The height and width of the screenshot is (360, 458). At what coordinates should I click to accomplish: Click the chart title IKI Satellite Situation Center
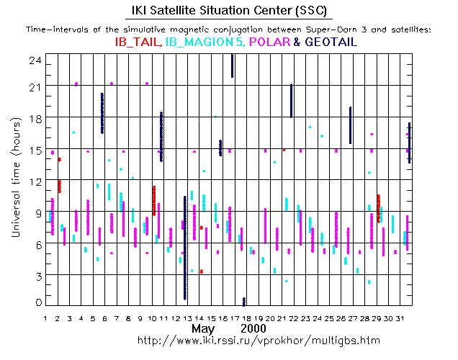point(228,10)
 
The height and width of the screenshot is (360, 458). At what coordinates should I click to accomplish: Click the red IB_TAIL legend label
point(138,42)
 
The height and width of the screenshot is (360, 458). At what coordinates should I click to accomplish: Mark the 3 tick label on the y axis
point(35,275)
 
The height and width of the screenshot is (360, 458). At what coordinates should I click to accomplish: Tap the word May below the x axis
point(204,328)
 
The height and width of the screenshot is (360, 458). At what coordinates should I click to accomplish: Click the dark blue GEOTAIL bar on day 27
point(350,125)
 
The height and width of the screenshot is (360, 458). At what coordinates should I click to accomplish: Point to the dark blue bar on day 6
point(102,113)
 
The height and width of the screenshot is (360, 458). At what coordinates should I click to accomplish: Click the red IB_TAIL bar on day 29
point(379,208)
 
